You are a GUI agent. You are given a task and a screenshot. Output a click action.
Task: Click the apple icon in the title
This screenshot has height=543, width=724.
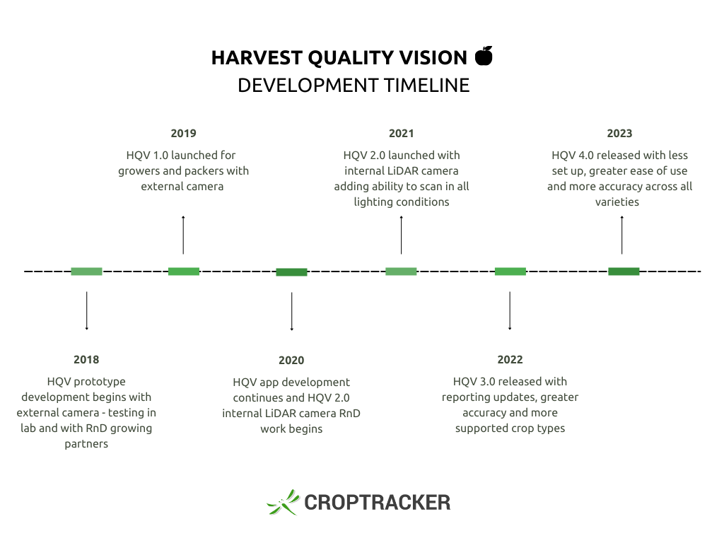tap(484, 56)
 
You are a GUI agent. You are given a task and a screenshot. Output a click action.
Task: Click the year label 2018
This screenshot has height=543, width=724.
tap(86, 360)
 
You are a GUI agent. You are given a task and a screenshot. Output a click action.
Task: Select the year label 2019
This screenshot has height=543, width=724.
tap(183, 134)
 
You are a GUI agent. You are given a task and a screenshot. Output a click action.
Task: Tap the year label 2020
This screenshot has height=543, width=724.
tap(291, 360)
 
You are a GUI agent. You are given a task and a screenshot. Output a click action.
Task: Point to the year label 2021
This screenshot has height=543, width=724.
tap(402, 134)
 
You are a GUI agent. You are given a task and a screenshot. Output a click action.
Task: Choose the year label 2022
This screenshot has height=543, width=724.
tap(510, 360)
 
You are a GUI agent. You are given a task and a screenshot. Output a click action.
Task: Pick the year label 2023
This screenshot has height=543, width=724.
tap(619, 134)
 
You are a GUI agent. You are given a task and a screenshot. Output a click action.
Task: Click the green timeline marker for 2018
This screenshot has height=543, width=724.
tap(86, 271)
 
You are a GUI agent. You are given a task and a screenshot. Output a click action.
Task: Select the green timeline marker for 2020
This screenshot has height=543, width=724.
tap(291, 272)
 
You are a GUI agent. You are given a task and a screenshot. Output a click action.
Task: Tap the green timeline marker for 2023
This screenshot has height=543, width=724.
tap(624, 271)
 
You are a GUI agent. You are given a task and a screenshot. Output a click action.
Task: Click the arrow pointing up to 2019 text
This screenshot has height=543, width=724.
tap(183, 235)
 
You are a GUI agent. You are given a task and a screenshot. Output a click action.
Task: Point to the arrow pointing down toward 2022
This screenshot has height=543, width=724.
tap(510, 311)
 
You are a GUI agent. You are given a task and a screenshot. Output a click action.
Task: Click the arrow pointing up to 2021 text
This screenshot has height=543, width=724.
tap(402, 235)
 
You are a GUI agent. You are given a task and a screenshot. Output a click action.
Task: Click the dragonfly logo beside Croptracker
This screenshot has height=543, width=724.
tap(283, 502)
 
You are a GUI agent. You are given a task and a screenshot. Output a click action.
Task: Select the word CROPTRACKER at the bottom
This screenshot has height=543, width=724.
tap(378, 503)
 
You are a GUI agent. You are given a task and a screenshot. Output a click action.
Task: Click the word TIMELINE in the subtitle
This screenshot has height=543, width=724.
tap(426, 86)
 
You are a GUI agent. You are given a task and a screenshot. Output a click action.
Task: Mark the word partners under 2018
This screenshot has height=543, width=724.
tap(86, 444)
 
